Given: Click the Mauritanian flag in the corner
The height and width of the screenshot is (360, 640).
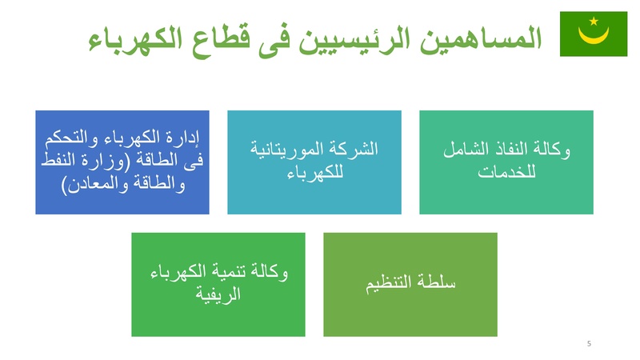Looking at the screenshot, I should pos(593,34).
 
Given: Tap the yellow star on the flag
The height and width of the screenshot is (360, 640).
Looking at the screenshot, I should pos(593,22).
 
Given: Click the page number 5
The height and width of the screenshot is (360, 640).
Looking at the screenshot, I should pos(589,344).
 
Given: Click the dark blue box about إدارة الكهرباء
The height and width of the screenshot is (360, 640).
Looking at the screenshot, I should pos(122,162).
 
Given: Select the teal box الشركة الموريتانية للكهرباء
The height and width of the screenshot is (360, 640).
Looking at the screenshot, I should pos(314,162).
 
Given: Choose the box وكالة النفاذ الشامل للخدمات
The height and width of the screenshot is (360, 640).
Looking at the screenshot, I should pos(506,162).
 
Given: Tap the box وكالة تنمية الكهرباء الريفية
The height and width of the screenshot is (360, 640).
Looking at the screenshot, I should pos(218,285).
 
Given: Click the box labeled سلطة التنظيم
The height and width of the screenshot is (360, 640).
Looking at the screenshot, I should pos(410,285).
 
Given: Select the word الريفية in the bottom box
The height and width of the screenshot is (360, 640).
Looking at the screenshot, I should pos(218,296).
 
